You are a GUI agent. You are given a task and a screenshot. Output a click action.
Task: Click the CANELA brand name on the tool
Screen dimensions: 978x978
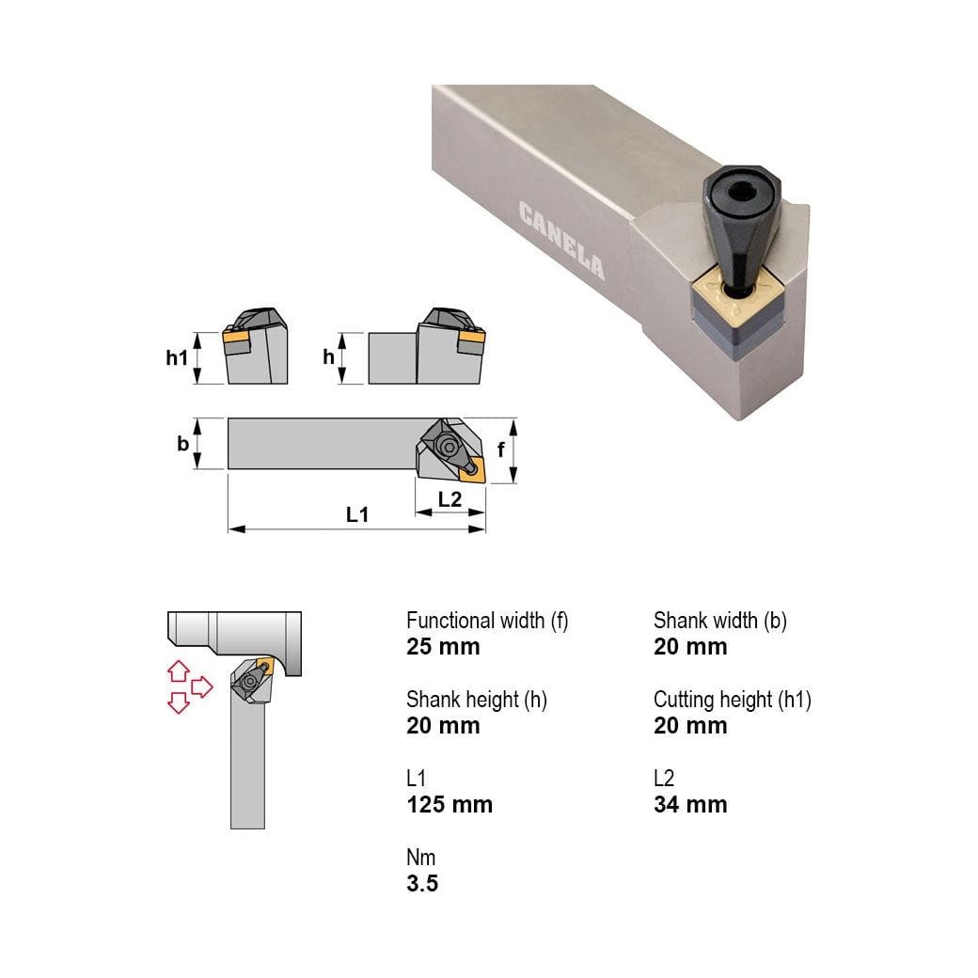click(x=561, y=240)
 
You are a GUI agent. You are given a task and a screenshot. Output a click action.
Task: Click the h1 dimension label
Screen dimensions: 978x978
click(x=177, y=357)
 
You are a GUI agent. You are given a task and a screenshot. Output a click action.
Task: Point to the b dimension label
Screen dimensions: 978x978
click(x=182, y=445)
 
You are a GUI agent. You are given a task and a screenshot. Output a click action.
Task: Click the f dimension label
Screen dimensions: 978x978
click(x=501, y=450)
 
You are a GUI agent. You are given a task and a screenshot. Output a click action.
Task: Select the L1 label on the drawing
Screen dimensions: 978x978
click(x=357, y=514)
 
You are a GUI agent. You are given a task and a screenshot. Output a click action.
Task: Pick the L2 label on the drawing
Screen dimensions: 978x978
click(x=450, y=499)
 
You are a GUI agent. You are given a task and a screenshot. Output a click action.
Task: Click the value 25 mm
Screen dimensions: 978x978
click(x=443, y=647)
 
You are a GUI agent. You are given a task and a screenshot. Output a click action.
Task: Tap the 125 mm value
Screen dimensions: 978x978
click(x=450, y=805)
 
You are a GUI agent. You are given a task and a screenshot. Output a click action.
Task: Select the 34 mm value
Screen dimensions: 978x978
click(x=690, y=805)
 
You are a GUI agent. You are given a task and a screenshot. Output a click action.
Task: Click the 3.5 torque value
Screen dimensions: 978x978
click(x=422, y=884)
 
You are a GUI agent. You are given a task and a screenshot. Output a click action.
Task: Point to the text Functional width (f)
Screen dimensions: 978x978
click(x=487, y=621)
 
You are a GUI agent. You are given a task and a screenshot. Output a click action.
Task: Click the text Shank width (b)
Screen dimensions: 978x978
click(x=720, y=621)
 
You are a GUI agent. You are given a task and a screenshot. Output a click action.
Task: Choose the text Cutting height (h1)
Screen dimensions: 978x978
click(x=733, y=700)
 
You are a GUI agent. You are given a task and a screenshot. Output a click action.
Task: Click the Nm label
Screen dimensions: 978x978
click(x=421, y=858)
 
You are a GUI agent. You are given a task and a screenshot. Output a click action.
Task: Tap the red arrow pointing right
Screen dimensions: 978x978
click(x=202, y=687)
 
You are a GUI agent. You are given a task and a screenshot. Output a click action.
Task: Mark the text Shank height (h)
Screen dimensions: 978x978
click(x=477, y=700)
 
